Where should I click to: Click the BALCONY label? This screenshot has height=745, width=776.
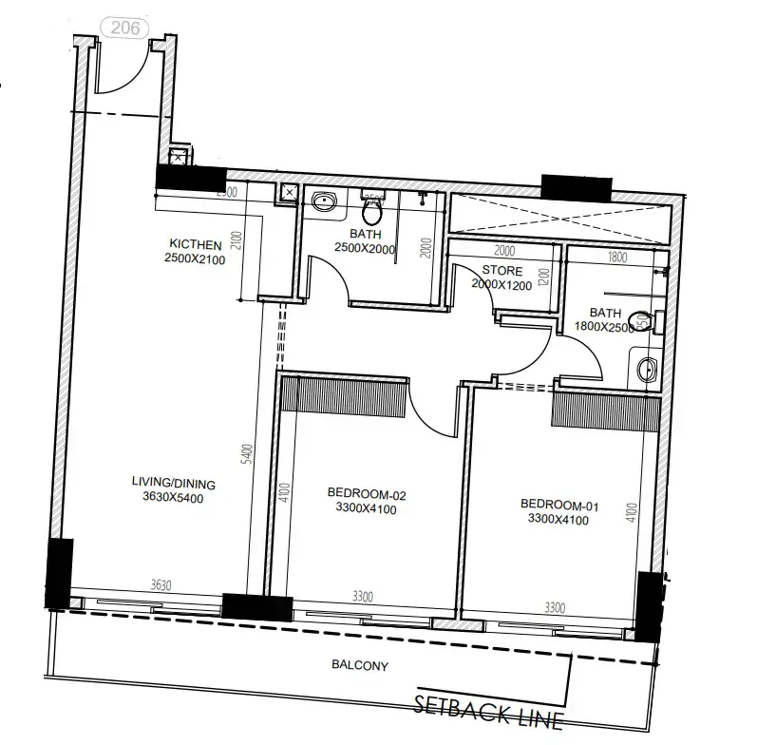pyautogui.click(x=361, y=666)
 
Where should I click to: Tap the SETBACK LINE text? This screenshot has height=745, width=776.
pyautogui.click(x=489, y=710)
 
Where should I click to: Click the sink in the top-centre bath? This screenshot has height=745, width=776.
pyautogui.click(x=324, y=201)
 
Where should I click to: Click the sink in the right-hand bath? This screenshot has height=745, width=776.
pyautogui.click(x=648, y=369)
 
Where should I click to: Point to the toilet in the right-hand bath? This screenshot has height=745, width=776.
pyautogui.click(x=645, y=321)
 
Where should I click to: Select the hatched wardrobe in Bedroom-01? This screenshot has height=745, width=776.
pyautogui.click(x=606, y=411)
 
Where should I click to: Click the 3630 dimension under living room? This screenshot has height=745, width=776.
pyautogui.click(x=161, y=585)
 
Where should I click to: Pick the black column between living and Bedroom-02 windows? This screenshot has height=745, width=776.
pyautogui.click(x=256, y=608)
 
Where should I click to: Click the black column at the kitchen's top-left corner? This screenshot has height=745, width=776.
pyautogui.click(x=190, y=177)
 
